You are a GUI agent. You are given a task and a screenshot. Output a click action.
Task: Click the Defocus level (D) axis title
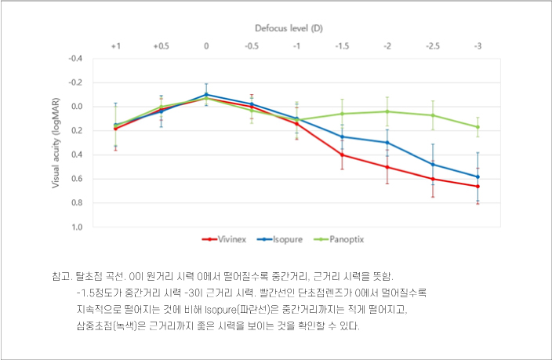click(x=289, y=27)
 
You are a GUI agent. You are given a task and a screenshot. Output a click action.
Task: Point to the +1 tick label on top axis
click(x=115, y=47)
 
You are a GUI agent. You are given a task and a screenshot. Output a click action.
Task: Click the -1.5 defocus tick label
click(x=342, y=47)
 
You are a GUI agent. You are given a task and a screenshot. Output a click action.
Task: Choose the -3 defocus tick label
click(x=478, y=47)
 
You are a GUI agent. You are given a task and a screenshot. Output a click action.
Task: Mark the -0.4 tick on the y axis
click(x=76, y=58)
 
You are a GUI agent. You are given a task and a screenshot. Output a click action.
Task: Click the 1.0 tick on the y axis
click(x=77, y=227)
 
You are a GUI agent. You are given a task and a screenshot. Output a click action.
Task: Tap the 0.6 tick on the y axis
click(x=77, y=179)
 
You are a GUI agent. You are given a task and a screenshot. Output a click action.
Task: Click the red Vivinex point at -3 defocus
click(x=478, y=186)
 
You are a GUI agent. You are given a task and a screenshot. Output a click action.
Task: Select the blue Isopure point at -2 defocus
click(x=387, y=143)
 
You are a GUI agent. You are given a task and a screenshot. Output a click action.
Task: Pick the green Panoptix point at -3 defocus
click(x=478, y=127)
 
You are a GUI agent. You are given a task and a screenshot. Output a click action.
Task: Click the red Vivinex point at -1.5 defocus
click(x=342, y=155)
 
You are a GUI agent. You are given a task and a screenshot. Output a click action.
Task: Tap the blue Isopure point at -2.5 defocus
click(x=433, y=165)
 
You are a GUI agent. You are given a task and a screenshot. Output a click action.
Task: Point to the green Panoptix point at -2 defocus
click(x=387, y=111)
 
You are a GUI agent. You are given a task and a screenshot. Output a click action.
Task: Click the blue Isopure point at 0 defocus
click(x=206, y=94)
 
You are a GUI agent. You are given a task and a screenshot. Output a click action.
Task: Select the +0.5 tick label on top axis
click(x=161, y=47)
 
